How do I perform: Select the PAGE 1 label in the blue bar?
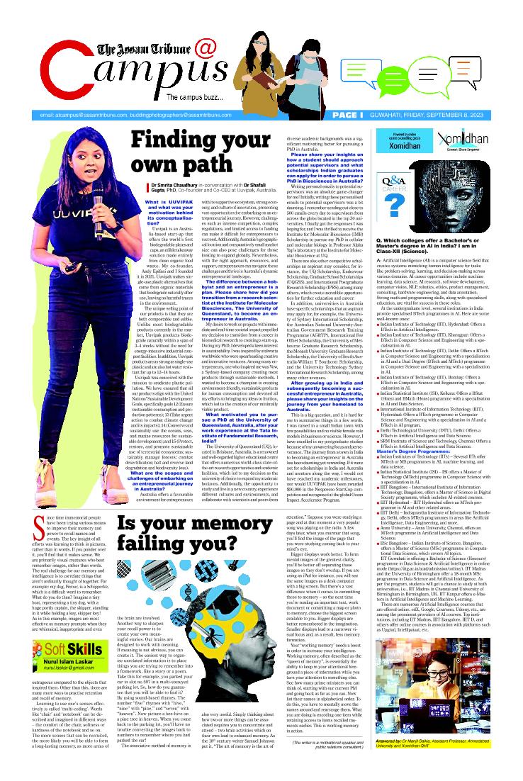(x=347, y=115)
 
